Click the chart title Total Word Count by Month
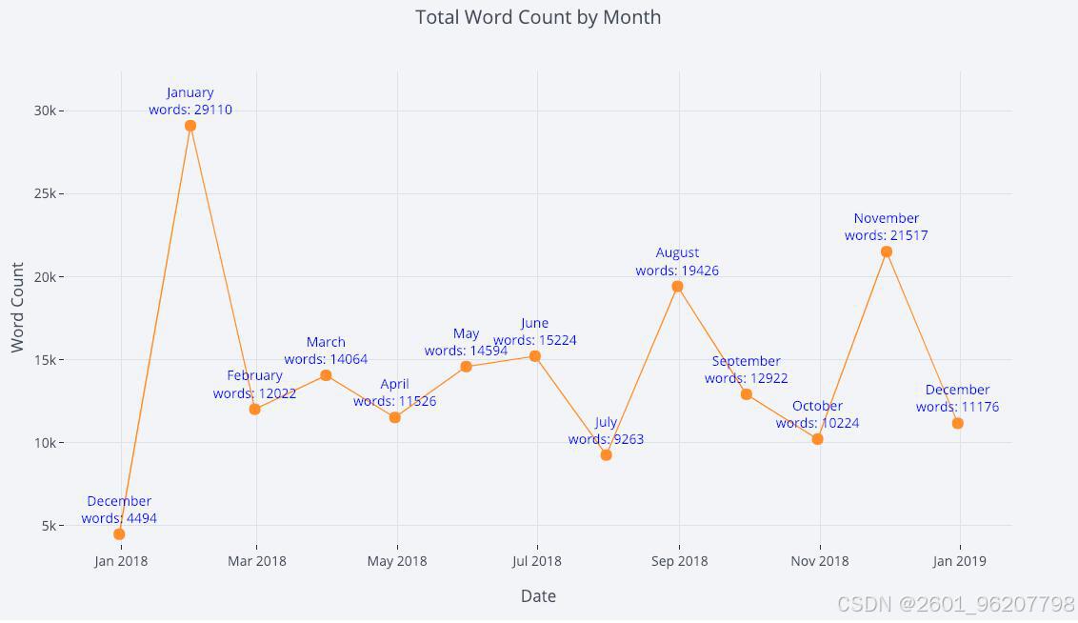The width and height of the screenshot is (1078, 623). [538, 17]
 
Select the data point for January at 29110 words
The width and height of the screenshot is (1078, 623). [190, 126]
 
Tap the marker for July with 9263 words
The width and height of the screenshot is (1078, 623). [606, 454]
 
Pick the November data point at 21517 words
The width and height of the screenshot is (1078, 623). [887, 251]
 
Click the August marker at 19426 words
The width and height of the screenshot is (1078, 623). [677, 287]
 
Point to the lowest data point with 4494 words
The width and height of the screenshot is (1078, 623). [119, 534]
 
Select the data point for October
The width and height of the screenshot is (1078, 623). [817, 439]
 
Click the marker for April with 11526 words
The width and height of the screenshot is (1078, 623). [394, 417]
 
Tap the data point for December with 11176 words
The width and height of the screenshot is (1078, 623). [958, 424]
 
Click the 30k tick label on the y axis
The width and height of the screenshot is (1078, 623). [46, 111]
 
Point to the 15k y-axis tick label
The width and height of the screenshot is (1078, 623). [46, 360]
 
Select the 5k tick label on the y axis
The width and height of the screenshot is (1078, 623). [49, 526]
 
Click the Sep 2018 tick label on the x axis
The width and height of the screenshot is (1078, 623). [679, 561]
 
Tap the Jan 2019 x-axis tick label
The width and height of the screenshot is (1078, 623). [959, 561]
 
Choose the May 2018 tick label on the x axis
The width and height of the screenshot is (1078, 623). [397, 561]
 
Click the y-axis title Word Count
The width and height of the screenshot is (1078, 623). [17, 308]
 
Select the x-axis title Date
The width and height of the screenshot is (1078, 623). [538, 596]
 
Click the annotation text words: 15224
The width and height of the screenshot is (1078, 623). [535, 340]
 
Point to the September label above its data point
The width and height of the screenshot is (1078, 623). [746, 361]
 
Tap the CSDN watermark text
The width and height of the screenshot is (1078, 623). [955, 604]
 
